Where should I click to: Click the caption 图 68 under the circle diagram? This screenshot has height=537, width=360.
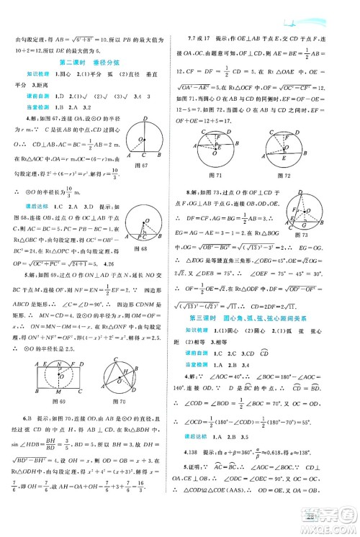pos(153,249)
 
